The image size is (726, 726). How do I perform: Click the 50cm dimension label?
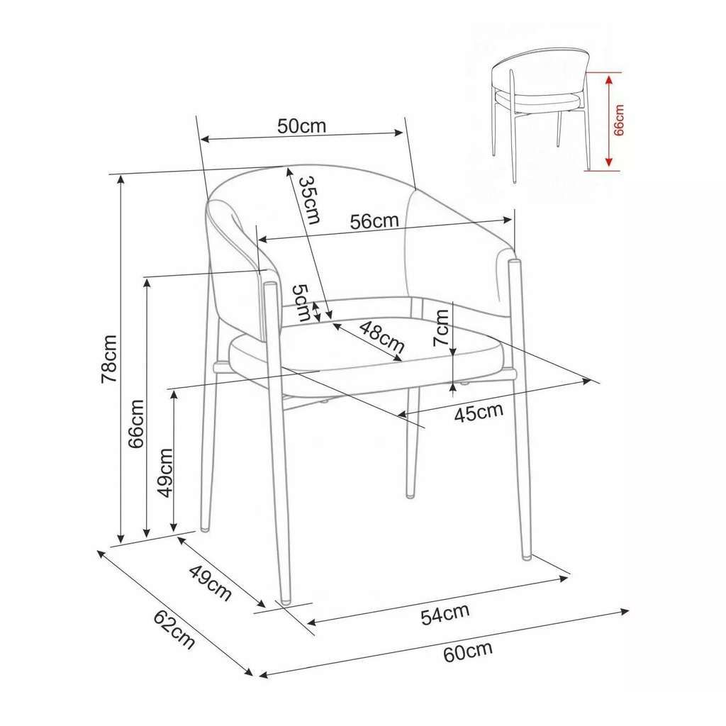[301, 125]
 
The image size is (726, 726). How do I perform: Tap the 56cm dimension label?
[374, 221]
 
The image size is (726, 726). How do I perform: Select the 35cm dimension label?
[309, 200]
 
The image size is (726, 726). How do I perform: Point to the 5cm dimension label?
[301, 303]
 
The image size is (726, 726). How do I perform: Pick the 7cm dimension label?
[441, 328]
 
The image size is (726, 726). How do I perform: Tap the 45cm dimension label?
[479, 413]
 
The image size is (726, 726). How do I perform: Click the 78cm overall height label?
[109, 359]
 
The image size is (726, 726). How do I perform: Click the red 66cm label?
[618, 120]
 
